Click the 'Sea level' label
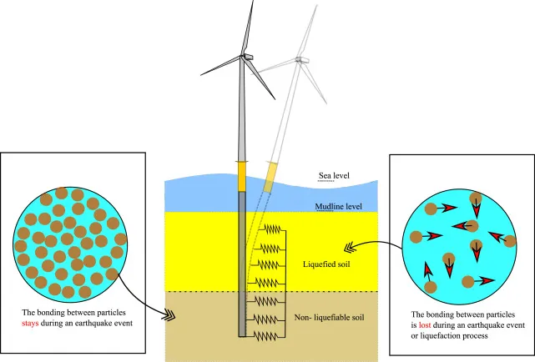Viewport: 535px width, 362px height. coord(335,177)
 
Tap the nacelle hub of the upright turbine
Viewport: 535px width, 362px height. coord(246,57)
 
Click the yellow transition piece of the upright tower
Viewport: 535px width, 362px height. coord(242,176)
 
